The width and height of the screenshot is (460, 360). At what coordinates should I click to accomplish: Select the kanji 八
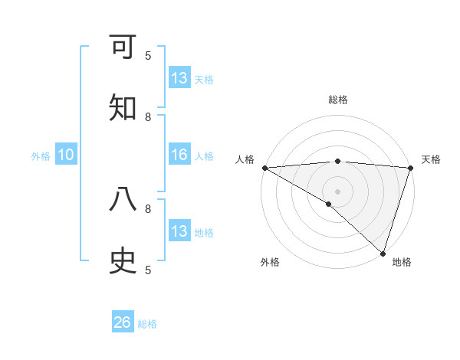click(x=123, y=199)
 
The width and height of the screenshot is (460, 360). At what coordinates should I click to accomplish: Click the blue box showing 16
click(x=179, y=155)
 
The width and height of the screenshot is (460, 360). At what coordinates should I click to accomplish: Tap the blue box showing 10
click(x=66, y=155)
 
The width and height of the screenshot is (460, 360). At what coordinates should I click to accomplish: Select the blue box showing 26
click(x=123, y=322)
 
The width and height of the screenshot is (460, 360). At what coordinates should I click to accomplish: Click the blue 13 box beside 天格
click(x=179, y=78)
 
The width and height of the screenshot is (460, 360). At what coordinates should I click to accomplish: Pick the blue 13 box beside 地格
click(x=179, y=231)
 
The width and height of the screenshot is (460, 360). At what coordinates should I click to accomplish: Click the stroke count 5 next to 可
click(x=148, y=56)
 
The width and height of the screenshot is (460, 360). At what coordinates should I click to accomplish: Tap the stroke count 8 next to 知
click(x=148, y=117)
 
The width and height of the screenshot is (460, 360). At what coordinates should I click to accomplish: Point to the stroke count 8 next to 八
click(x=148, y=208)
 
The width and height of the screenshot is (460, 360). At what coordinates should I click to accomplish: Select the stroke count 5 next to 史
click(x=148, y=270)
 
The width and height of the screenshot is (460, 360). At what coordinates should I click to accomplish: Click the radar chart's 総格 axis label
click(x=337, y=100)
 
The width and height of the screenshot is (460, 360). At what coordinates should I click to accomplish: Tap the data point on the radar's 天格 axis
click(x=410, y=168)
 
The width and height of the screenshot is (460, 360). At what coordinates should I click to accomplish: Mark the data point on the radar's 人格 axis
click(x=264, y=168)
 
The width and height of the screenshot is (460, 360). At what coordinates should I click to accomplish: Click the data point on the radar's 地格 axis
click(x=383, y=253)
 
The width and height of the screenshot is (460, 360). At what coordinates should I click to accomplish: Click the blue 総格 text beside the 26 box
click(x=148, y=324)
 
